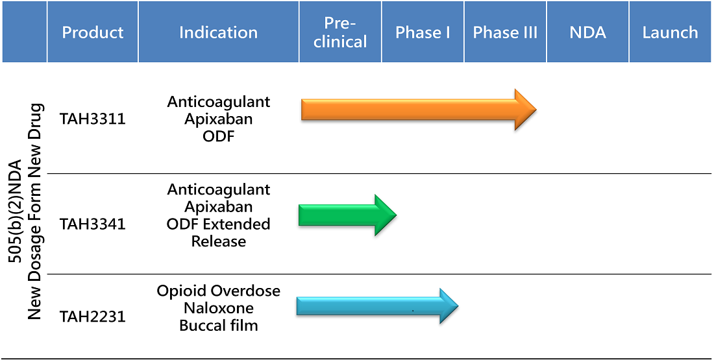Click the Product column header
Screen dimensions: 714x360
[x=92, y=32]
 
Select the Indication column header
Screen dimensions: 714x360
[x=219, y=32]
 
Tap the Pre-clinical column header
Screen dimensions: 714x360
[x=340, y=32]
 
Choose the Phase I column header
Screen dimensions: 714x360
[x=423, y=32]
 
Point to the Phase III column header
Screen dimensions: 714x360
[x=505, y=32]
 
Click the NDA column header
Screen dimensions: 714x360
[x=587, y=32]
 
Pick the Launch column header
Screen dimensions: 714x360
[x=671, y=32]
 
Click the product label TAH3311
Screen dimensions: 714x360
[x=92, y=119]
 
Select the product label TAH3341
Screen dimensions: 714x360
[x=92, y=224]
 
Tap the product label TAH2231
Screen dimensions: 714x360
[x=92, y=316]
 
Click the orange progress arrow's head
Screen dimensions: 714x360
[x=526, y=110]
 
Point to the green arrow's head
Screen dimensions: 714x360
[x=386, y=215]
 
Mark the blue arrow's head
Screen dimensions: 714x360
[x=449, y=306]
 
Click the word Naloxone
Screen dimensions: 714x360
[x=219, y=308]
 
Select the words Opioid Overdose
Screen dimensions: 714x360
[x=219, y=291]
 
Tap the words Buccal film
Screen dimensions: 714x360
[x=219, y=326]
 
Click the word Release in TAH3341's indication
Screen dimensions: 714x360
[x=219, y=241]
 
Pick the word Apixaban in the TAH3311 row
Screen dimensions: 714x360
[x=219, y=119]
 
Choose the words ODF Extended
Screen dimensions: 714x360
[x=219, y=224]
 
